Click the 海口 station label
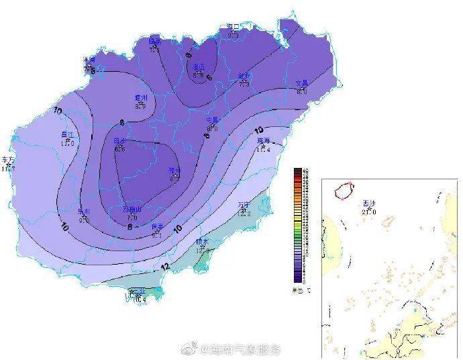point(233,27)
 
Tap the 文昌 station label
point(302,83)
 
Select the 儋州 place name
point(140,98)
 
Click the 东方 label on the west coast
point(8,160)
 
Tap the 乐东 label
point(85,210)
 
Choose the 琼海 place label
point(263,141)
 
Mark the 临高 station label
point(155,40)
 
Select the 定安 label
point(244,75)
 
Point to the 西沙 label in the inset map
point(368,203)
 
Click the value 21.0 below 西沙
point(368,211)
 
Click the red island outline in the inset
point(345,190)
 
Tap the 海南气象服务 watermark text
point(238,349)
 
